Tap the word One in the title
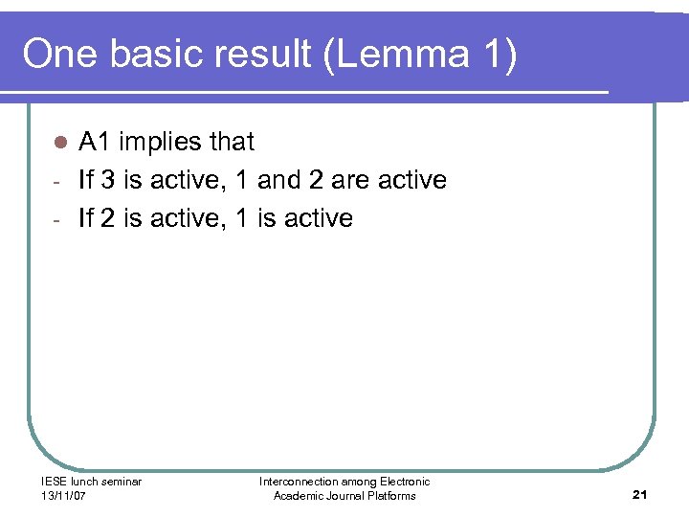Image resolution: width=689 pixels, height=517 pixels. click(x=59, y=56)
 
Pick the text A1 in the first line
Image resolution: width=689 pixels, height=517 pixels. click(x=95, y=142)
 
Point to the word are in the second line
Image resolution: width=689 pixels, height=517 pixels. click(x=350, y=180)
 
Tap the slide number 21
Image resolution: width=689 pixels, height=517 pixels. click(x=640, y=494)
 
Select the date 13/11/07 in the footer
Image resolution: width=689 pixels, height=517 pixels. click(x=62, y=495)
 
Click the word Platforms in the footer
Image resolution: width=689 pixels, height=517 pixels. click(x=390, y=495)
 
